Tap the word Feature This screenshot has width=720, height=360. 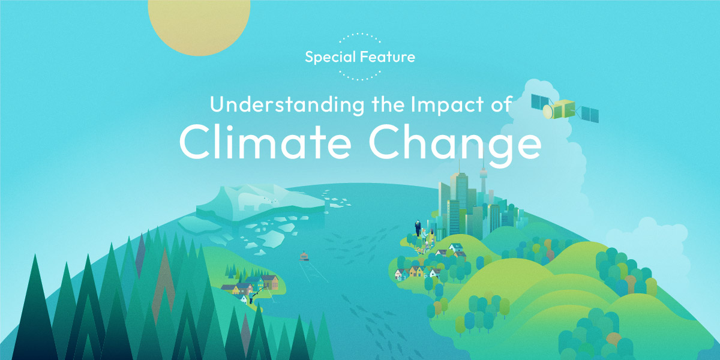coord(388,57)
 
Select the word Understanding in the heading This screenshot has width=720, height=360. coord(287,105)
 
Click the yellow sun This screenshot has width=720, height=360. coord(199,26)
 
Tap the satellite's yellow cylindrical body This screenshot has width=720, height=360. coord(559,109)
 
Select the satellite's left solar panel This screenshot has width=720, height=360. coord(540,102)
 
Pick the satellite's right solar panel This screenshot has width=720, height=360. coord(590,114)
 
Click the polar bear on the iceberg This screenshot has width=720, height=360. coord(254,201)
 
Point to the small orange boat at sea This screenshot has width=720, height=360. coord(304,256)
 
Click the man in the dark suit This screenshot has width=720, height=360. coord(418,228)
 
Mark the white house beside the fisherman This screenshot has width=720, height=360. coord(244,299)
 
